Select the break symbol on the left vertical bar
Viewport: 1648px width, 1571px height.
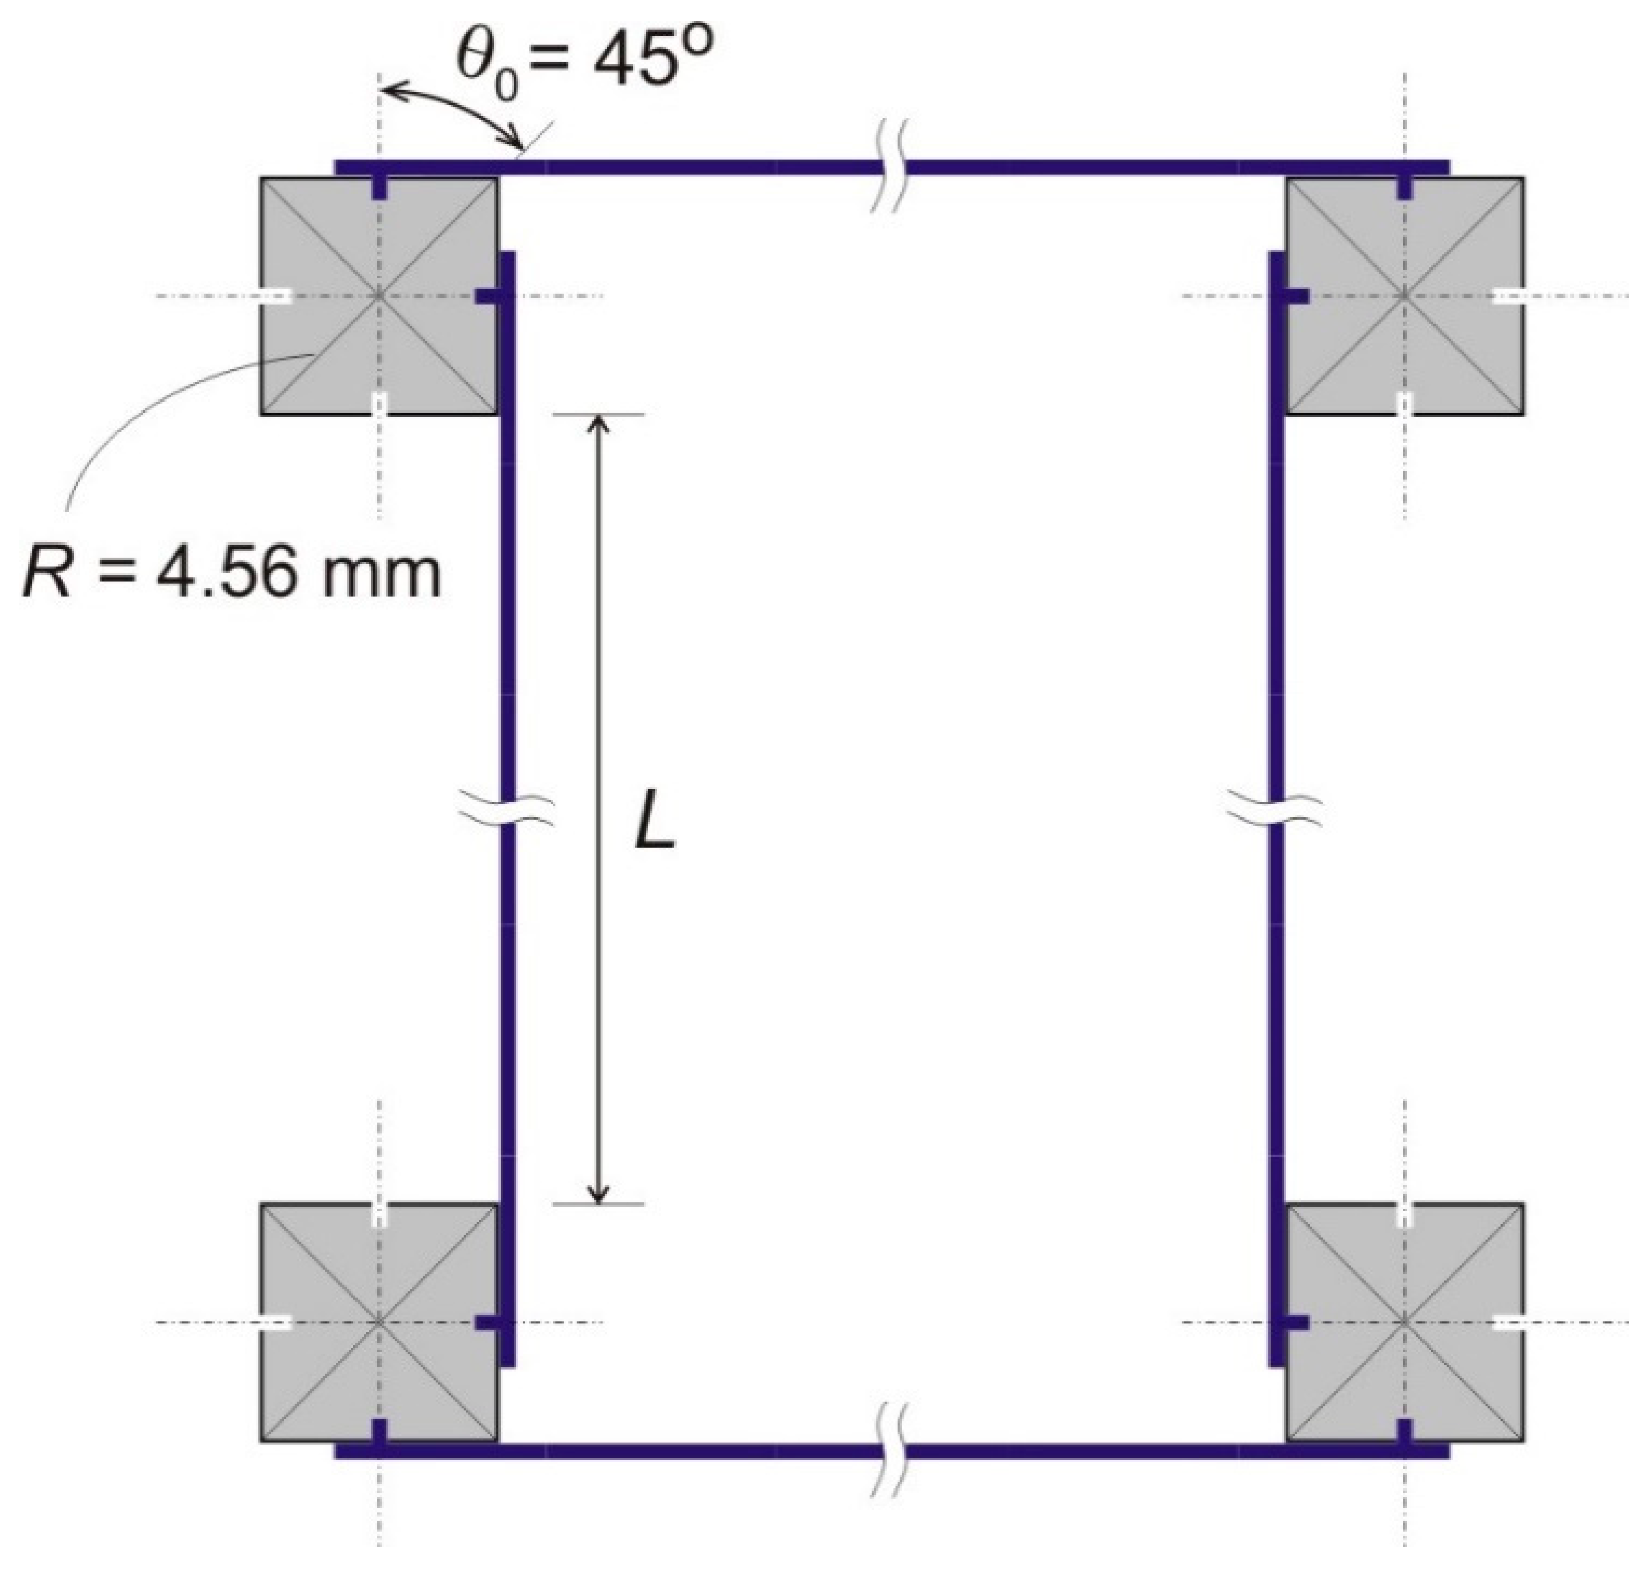(x=506, y=811)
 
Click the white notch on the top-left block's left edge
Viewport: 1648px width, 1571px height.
(x=275, y=296)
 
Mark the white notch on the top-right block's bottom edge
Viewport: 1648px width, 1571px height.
(x=1405, y=403)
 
